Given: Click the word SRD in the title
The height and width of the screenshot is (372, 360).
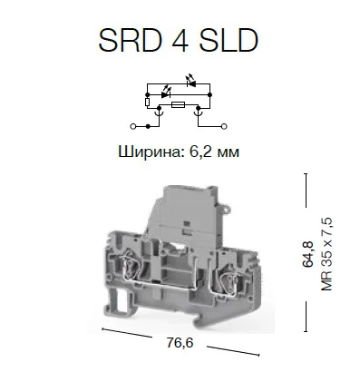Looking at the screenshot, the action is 130,40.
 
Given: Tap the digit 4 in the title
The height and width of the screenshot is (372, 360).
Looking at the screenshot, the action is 180,40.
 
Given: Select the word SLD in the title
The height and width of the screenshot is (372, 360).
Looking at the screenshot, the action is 229,40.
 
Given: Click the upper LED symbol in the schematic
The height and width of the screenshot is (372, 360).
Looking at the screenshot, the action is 191,82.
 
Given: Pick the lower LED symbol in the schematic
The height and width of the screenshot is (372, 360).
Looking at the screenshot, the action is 166,93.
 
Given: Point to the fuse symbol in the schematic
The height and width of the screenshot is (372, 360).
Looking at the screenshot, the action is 177,105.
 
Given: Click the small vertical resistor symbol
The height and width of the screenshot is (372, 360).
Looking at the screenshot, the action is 147,103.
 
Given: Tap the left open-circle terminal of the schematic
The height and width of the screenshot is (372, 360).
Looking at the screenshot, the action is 132,126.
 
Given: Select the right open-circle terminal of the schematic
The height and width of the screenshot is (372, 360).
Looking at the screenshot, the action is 224,126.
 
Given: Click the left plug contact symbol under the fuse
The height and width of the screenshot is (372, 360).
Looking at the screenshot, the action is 159,113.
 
